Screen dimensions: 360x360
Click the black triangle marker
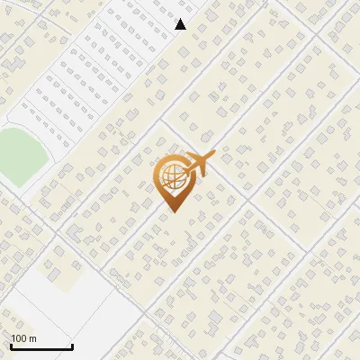pos(181,24)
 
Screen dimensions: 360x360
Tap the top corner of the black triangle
pos(181,19)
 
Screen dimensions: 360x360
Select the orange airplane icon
pos(199,164)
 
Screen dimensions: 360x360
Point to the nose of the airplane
pos(213,157)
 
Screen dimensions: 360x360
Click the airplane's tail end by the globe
pos(185,169)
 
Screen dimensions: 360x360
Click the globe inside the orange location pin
pos(173,175)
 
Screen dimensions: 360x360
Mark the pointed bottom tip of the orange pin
pos(173,211)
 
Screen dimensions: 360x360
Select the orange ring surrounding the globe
pos(159,176)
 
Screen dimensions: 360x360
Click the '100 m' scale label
pos(24,338)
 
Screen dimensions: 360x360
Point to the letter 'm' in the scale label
pos(33,338)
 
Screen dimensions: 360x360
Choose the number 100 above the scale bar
pos(20,338)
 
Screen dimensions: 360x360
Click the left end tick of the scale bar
pos(12,346)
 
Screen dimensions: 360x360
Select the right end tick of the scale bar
pos(72,346)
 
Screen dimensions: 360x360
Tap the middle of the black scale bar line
pos(41,347)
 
